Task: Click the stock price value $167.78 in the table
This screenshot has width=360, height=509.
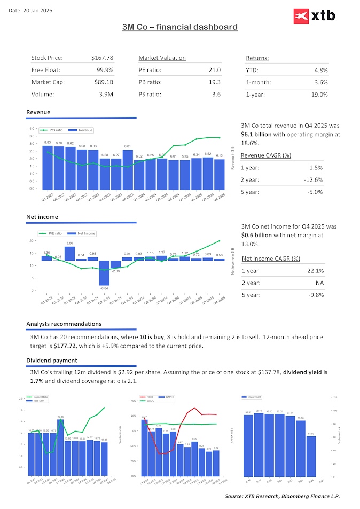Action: tap(102, 58)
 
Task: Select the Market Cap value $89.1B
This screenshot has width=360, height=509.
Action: tap(103, 82)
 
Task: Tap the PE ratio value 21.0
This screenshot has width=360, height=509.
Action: tap(215, 70)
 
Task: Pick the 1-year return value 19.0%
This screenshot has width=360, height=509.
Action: tap(319, 94)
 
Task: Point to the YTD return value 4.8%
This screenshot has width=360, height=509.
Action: tap(321, 70)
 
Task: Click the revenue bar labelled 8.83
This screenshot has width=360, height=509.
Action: tap(48, 166)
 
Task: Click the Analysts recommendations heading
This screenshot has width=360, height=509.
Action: tap(64, 324)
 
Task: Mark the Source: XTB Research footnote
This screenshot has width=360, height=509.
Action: tap(282, 496)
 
